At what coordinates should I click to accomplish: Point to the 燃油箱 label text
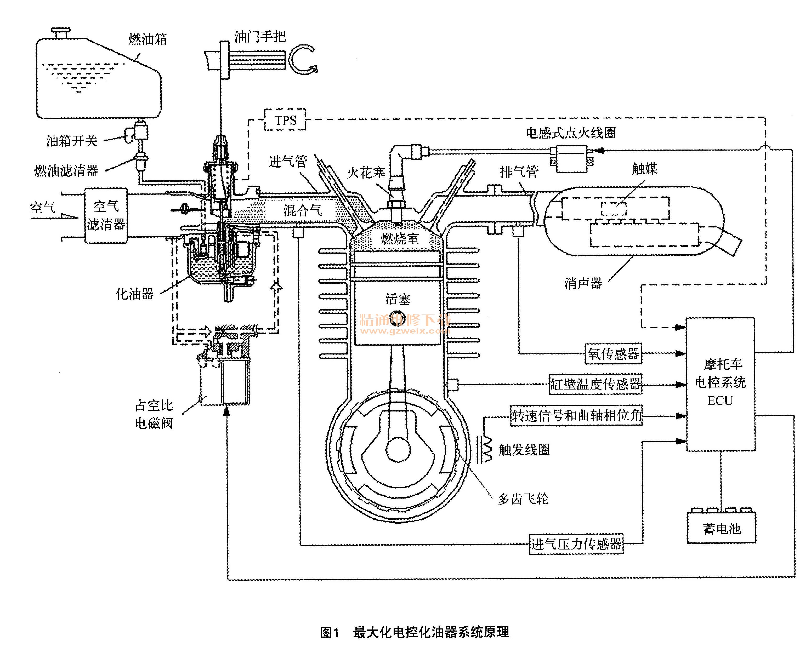[x=148, y=39]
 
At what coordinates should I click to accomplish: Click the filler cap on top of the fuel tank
[x=61, y=32]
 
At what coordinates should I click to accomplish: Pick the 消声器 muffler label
[x=583, y=283]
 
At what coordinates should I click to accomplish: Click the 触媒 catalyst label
[x=645, y=168]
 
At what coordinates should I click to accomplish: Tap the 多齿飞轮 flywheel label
[x=523, y=499]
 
